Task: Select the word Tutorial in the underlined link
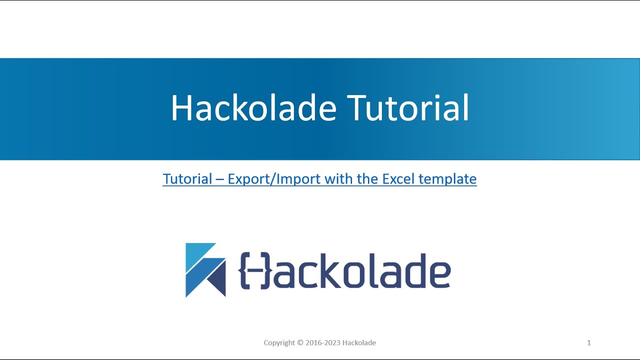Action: (x=187, y=178)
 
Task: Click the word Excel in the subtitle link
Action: (x=398, y=178)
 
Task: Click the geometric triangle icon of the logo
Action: (x=205, y=270)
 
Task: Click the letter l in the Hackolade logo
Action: (x=377, y=270)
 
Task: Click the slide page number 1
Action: (x=589, y=342)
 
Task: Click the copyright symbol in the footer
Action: (x=300, y=343)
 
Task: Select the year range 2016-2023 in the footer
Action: (x=323, y=343)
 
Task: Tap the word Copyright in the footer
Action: (x=279, y=343)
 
